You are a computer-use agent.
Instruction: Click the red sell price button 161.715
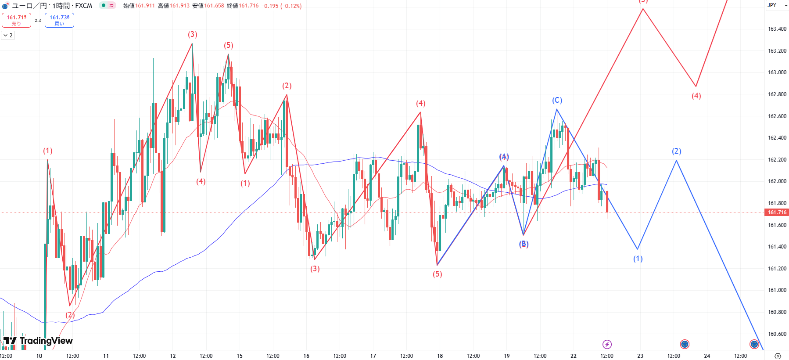[x=16, y=20]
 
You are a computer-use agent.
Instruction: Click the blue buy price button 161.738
[x=59, y=20]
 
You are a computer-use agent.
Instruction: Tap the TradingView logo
[x=38, y=341]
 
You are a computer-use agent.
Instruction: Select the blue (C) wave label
[x=557, y=100]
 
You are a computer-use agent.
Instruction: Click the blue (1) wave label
[x=638, y=259]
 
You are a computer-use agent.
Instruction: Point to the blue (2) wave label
[x=676, y=151]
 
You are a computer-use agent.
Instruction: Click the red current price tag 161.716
[x=777, y=212]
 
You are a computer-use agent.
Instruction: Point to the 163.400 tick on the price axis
[x=777, y=29]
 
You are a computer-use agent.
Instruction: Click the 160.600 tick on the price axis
[x=777, y=334]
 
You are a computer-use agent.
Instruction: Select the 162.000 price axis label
[x=777, y=181]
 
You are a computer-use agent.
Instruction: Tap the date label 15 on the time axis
[x=240, y=356]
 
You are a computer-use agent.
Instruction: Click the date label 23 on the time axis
[x=640, y=356]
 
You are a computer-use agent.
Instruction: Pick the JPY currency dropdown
[x=777, y=5]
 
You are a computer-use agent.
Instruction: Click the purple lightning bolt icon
[x=607, y=344]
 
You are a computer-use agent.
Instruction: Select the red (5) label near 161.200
[x=438, y=274]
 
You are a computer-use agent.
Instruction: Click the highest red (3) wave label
[x=193, y=34]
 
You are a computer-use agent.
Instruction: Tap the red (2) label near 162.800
[x=287, y=86]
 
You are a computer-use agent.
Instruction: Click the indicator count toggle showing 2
[x=8, y=35]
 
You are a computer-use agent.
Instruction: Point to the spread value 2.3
[x=38, y=20]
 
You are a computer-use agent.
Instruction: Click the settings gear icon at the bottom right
[x=778, y=356]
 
